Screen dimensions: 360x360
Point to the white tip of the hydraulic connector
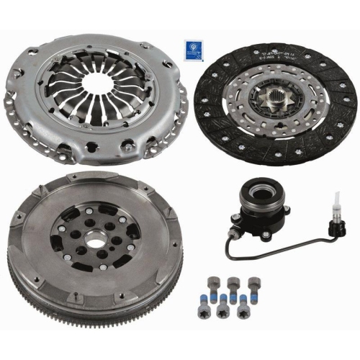pyautogui.click(x=335, y=199)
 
